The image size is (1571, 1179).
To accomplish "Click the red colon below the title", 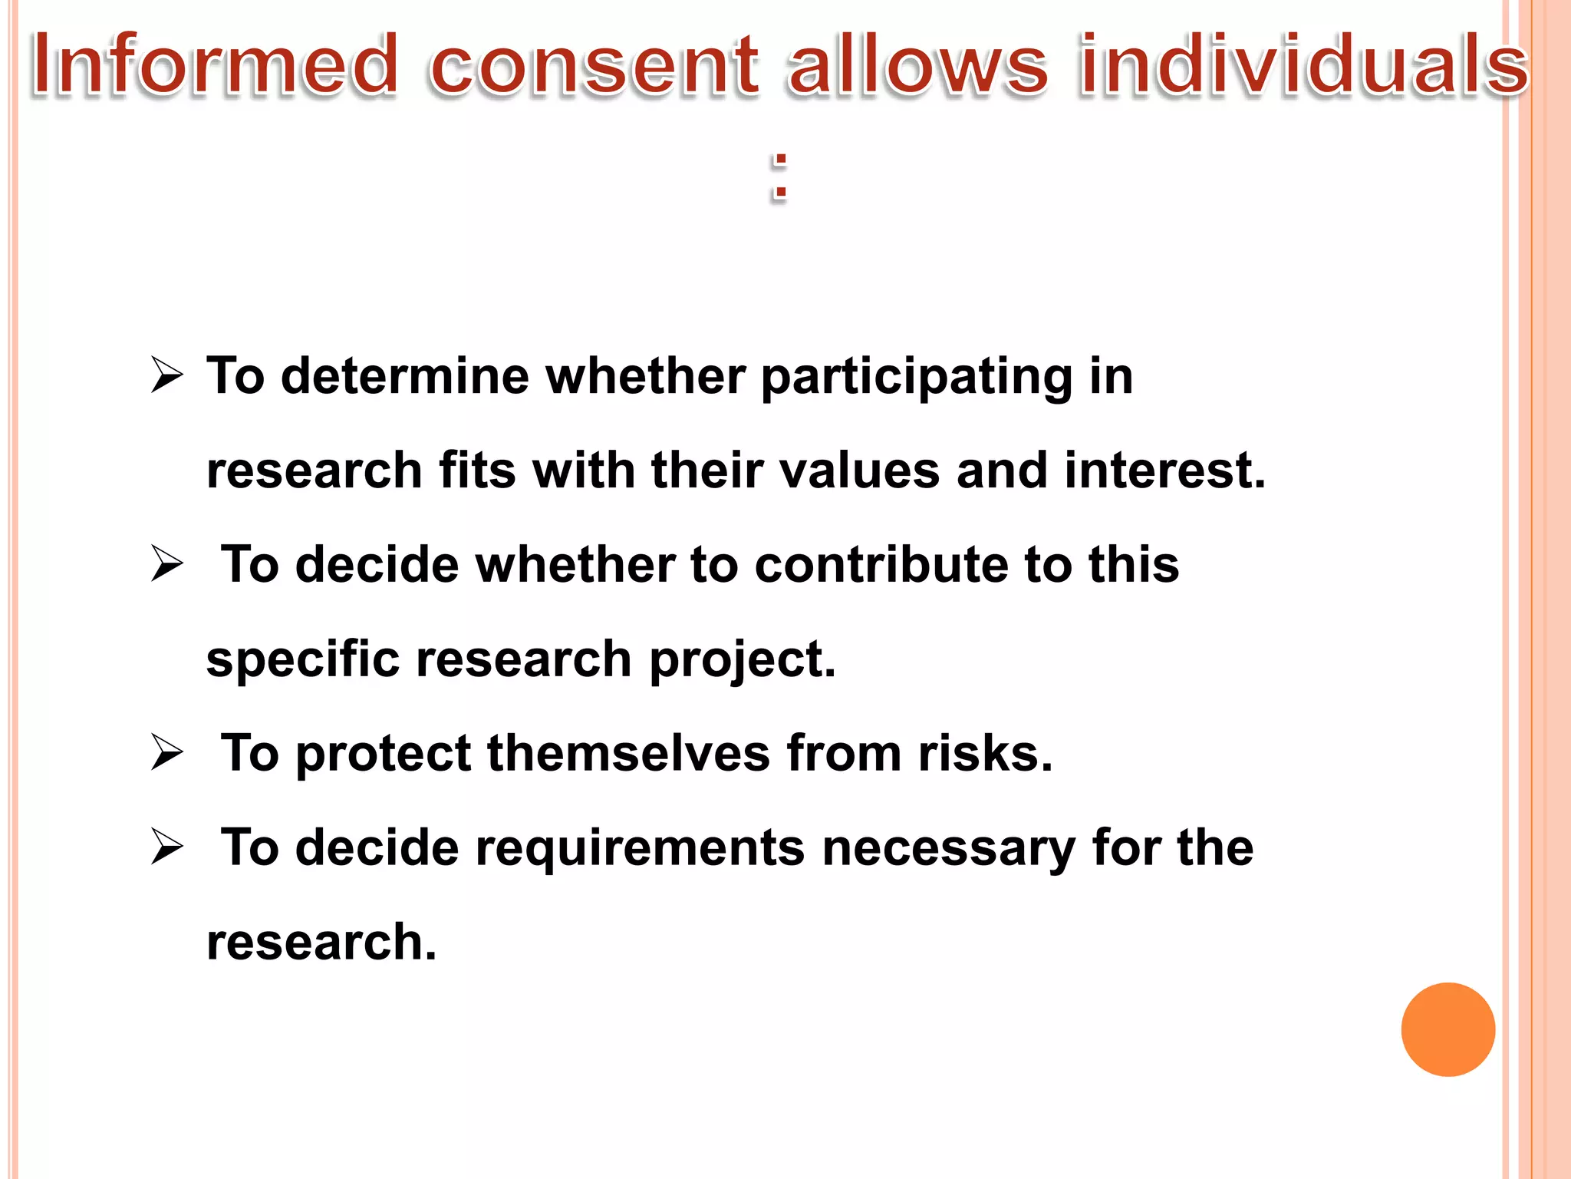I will tap(779, 177).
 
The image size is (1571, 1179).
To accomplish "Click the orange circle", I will tap(1447, 1029).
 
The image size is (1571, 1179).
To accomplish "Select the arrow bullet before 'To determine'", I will tap(167, 375).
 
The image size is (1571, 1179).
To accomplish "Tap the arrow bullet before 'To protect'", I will tap(167, 752).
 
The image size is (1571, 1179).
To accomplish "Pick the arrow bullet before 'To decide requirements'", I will tap(167, 847).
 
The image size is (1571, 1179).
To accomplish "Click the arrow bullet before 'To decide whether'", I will tap(167, 564).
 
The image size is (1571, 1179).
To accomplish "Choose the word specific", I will tap(303, 659).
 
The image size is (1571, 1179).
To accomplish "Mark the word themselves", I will tap(628, 753).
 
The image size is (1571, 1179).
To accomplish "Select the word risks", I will tap(985, 753).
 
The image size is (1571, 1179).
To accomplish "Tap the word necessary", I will tap(949, 849).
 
